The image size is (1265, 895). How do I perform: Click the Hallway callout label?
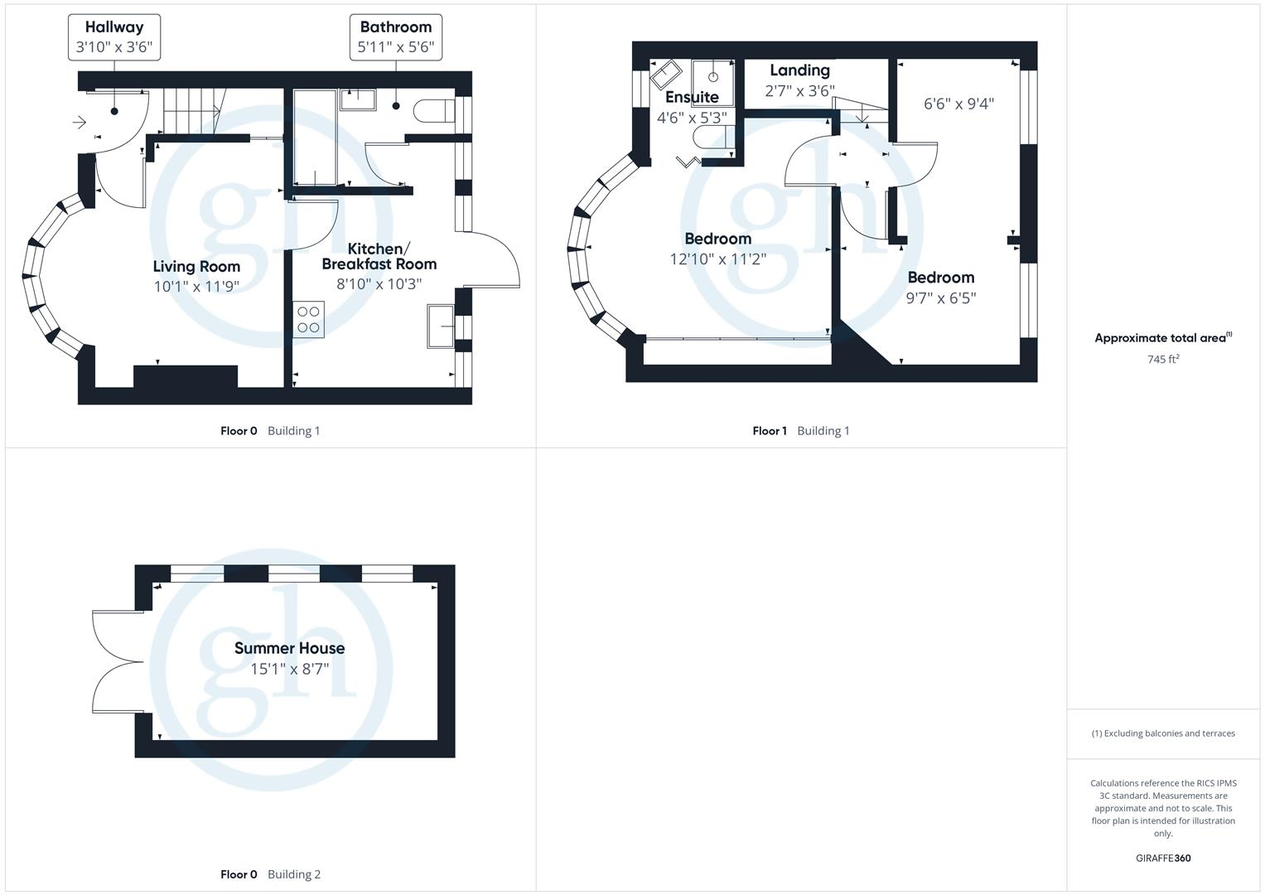114,37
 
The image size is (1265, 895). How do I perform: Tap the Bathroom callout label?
395,37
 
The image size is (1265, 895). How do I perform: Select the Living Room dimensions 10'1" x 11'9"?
196,287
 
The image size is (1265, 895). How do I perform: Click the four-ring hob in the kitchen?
308,320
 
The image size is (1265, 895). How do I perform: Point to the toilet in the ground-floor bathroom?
433,110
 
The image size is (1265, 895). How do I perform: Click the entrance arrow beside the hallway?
80,123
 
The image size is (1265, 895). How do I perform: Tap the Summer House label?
289,648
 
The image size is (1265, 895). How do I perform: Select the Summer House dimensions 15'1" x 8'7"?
289,669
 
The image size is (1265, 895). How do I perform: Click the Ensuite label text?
692,97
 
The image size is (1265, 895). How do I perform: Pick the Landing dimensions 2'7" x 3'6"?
799,91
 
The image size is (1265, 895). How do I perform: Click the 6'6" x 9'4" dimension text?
958,104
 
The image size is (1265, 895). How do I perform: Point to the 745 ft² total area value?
1163,359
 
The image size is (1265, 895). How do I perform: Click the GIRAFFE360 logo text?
1163,858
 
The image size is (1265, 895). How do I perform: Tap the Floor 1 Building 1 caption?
800,431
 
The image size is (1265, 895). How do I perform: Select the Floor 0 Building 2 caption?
270,874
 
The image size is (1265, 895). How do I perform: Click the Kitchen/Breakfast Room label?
379,256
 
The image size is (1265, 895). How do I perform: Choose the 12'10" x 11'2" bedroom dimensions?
717,259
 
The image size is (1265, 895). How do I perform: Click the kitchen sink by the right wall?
440,325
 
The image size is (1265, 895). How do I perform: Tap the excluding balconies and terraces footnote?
1163,733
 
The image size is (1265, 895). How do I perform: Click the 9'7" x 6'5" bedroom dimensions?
940,298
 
